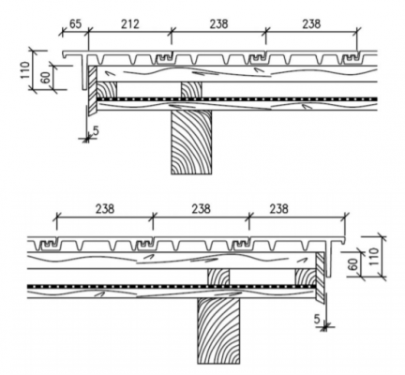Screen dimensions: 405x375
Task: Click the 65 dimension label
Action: click(x=75, y=24)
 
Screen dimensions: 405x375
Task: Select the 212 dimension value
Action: click(x=130, y=24)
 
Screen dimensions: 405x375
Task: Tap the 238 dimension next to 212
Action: click(x=218, y=24)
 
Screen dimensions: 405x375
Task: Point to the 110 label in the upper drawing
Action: click(x=25, y=70)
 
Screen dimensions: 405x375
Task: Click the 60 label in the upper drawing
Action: click(x=46, y=77)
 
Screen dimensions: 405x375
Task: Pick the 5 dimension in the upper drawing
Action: click(x=96, y=130)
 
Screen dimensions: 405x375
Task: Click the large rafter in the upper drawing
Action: click(x=191, y=142)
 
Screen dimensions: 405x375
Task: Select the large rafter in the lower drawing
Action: click(x=218, y=331)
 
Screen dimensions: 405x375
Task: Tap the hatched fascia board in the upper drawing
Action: click(x=93, y=91)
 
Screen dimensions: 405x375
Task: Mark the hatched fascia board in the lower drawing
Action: click(x=320, y=277)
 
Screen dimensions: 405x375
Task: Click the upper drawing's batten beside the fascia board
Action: click(x=107, y=90)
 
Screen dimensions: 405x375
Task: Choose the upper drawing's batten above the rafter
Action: click(x=191, y=90)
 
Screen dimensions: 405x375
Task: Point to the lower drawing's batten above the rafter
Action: click(x=218, y=277)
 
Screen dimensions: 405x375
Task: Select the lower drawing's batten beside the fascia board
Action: click(x=306, y=277)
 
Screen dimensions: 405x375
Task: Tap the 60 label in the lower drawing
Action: click(x=352, y=264)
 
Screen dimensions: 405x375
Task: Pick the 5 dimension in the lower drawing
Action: click(x=317, y=319)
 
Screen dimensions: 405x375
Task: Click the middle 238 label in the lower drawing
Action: click(x=201, y=209)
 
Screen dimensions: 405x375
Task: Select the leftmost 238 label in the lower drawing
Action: click(x=105, y=209)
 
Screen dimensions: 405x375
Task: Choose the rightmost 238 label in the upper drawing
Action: click(x=311, y=24)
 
